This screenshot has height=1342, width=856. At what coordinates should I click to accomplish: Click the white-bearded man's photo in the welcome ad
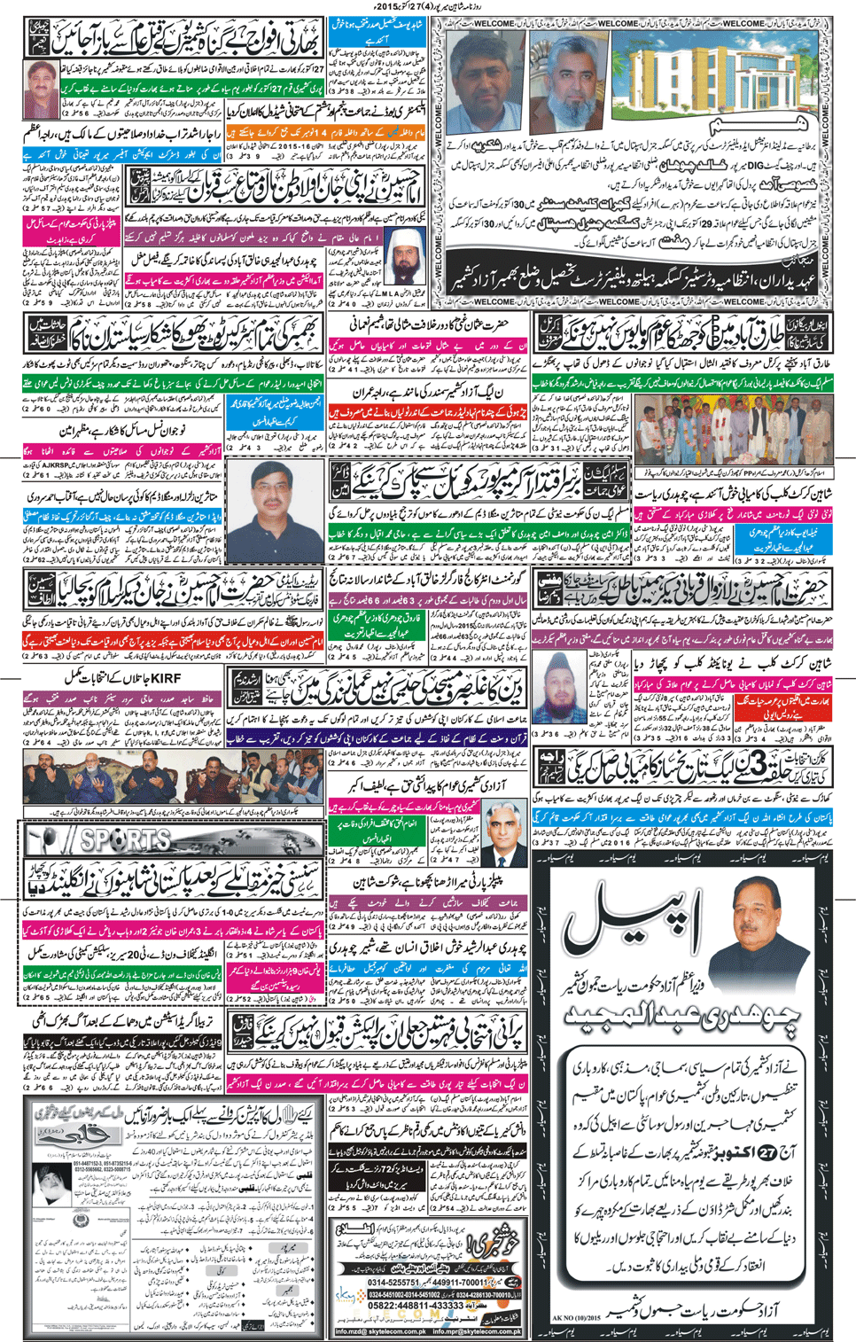tap(568, 84)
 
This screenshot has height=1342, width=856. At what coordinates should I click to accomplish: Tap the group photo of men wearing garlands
tap(683, 429)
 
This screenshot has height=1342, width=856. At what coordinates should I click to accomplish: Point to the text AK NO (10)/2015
tap(576, 1318)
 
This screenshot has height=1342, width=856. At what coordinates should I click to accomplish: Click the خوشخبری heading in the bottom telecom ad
tap(491, 1242)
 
